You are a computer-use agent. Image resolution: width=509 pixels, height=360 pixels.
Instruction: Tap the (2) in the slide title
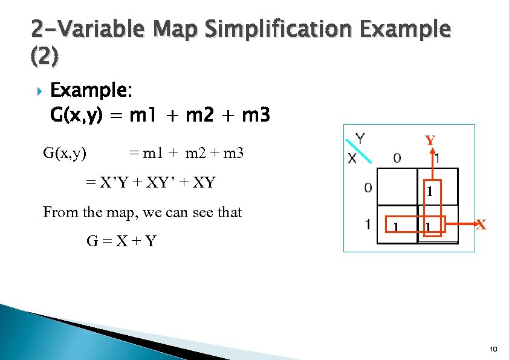click(x=44, y=56)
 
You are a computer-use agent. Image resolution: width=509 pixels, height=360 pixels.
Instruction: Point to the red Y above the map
click(x=430, y=141)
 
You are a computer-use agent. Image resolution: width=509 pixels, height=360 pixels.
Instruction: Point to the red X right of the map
click(x=481, y=224)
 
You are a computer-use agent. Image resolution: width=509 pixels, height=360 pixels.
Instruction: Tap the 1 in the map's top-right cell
click(x=429, y=194)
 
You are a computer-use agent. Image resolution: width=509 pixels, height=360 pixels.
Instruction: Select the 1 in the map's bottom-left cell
click(x=395, y=227)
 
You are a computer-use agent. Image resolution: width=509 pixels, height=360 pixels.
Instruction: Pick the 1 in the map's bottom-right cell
click(x=428, y=227)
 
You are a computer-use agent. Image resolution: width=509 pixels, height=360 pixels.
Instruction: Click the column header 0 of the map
click(x=397, y=159)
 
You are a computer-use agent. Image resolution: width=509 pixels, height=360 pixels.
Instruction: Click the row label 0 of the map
click(x=368, y=188)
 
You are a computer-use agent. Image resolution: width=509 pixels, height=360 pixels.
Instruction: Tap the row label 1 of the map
click(x=368, y=224)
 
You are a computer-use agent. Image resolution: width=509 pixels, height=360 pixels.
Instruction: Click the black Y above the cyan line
click(x=360, y=139)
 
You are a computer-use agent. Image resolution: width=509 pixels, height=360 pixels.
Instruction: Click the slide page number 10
click(x=493, y=349)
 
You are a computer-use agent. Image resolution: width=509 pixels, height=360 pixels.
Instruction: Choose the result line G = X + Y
click(x=122, y=241)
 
